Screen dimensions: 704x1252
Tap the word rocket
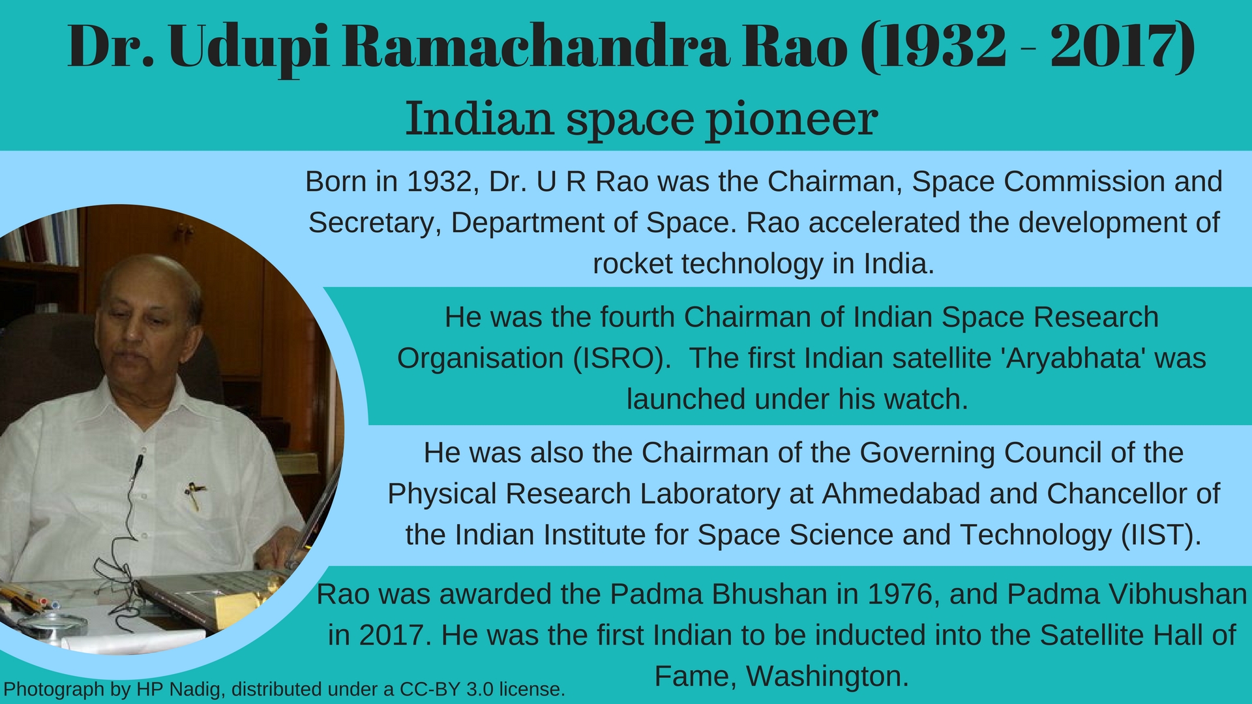pos(632,264)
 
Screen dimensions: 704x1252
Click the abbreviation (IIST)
pos(1161,535)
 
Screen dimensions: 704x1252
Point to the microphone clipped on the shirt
pos(138,462)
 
